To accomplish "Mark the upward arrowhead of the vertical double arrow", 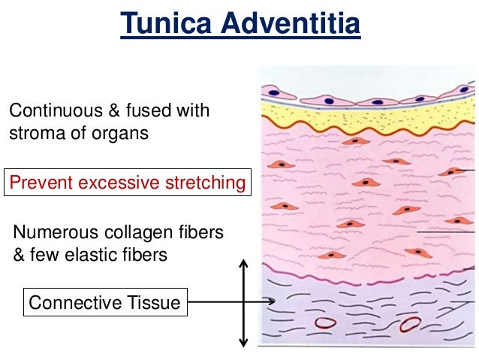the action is point(243,264).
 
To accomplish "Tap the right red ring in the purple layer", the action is point(410,325).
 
